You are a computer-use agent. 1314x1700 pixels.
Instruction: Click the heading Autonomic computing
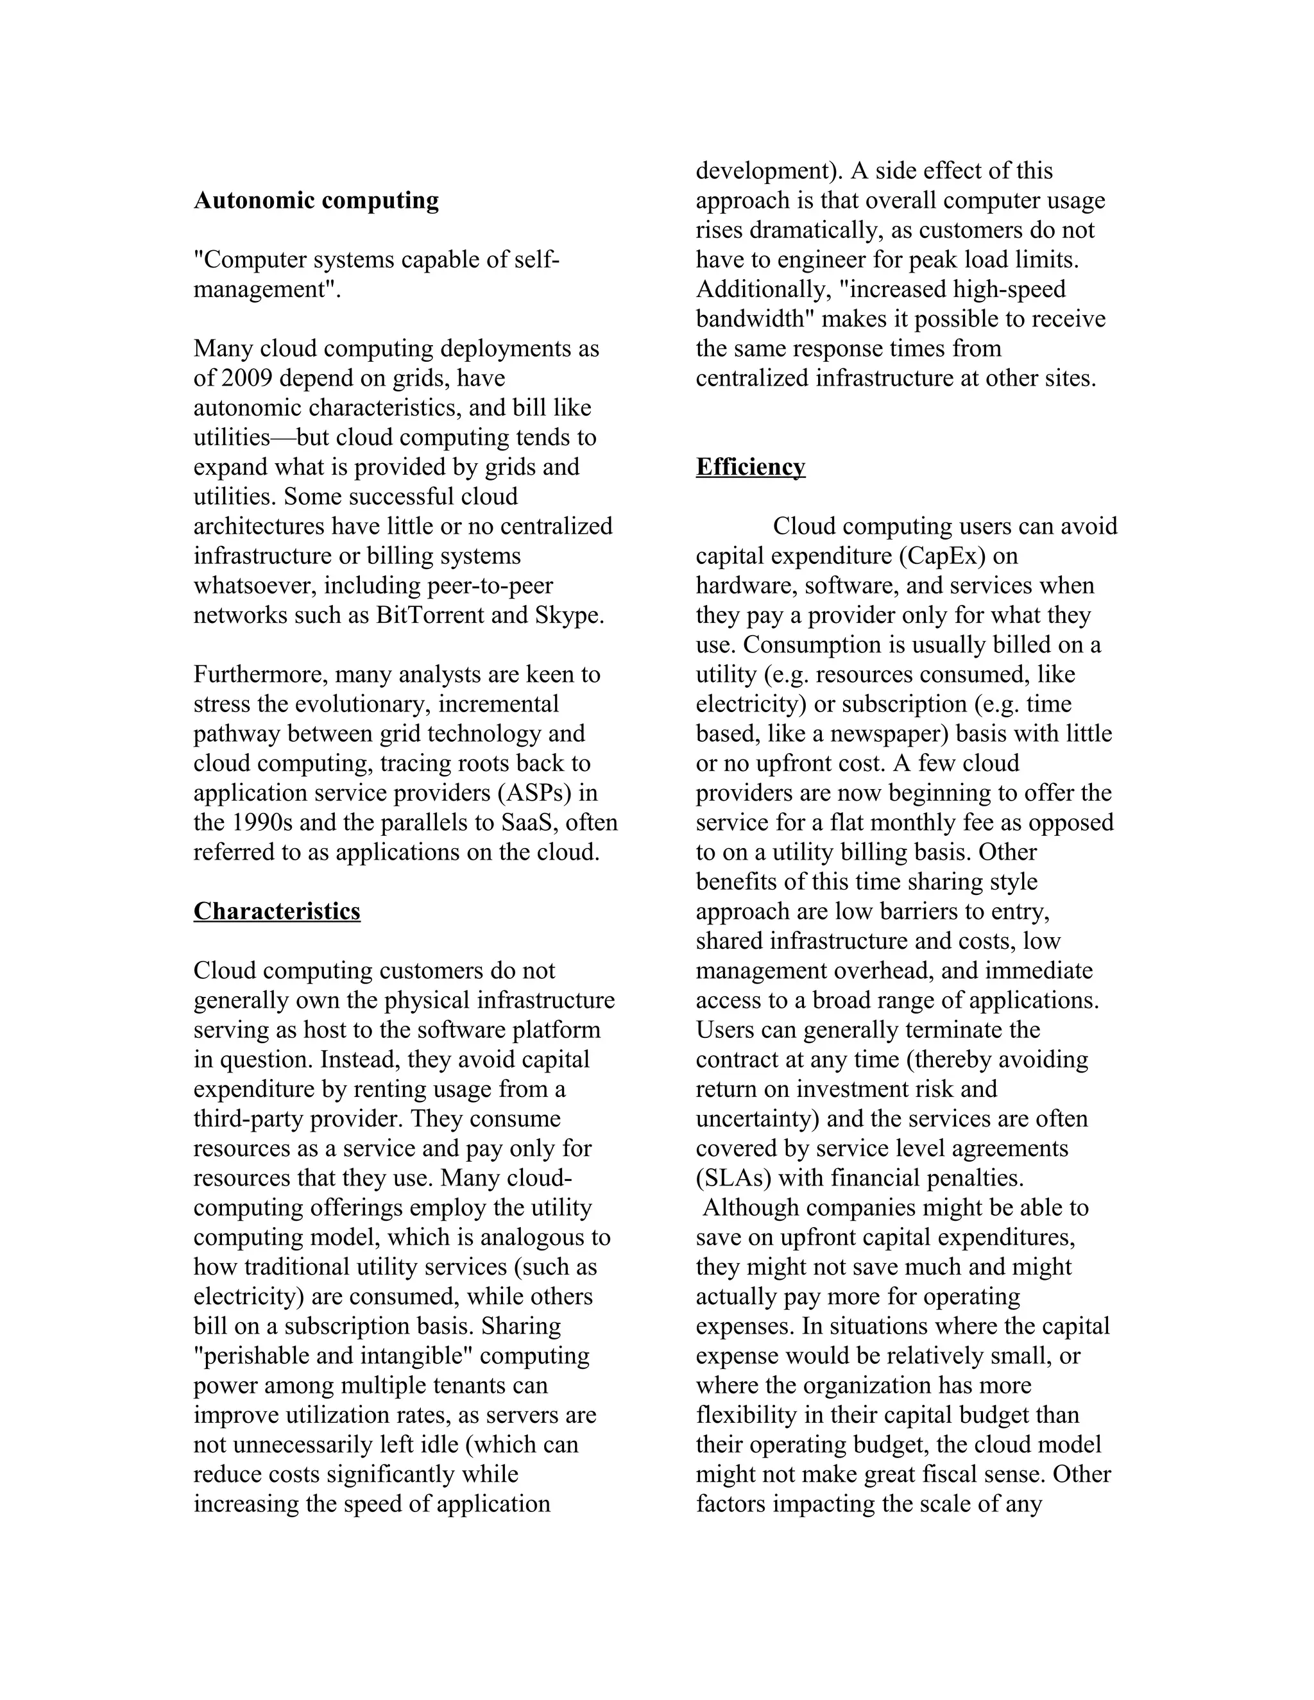click(x=316, y=201)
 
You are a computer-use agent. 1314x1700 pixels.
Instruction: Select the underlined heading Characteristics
click(x=277, y=912)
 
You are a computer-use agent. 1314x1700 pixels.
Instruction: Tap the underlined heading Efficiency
click(x=751, y=467)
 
